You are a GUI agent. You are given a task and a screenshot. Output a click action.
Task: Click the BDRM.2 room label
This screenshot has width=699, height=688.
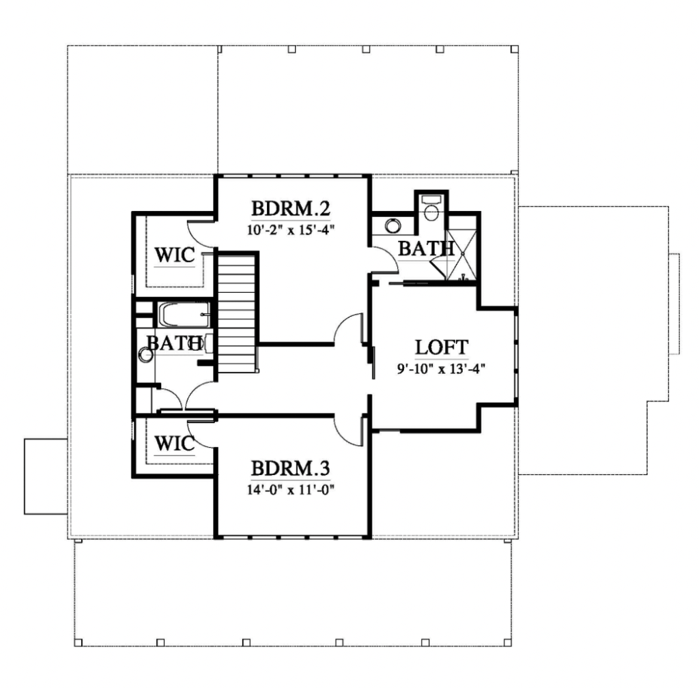coord(291,208)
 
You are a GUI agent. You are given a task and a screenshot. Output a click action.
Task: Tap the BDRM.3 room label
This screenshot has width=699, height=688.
coord(291,468)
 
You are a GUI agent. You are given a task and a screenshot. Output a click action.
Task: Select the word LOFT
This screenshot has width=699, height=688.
coord(442,347)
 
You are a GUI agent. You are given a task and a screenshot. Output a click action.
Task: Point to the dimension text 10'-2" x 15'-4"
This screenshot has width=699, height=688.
coord(291,231)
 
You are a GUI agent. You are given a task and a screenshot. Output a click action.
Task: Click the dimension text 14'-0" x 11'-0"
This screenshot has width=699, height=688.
coord(291,490)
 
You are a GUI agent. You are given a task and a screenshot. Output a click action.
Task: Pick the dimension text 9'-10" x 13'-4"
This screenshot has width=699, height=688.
coord(442,369)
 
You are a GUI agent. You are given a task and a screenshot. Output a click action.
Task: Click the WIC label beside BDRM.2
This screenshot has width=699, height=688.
coord(175,255)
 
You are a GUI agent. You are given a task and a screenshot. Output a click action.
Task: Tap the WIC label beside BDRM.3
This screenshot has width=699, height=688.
coord(175,444)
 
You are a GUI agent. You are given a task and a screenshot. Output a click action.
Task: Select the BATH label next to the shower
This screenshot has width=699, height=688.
coord(426,248)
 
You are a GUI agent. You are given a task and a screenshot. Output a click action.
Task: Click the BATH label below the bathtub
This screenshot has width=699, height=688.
coord(174,343)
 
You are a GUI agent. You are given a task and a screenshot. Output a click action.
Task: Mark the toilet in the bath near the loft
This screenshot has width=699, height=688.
coord(431,208)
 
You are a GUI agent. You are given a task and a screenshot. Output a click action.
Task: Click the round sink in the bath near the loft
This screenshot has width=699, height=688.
coord(393,226)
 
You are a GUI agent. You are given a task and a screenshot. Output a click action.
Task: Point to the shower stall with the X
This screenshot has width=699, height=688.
coord(462,255)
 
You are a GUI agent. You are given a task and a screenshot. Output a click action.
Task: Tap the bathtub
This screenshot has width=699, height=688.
coord(183,315)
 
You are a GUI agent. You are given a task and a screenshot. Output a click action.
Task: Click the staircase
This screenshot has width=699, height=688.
coord(237,313)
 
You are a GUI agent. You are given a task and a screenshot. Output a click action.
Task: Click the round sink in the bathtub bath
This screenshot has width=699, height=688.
coord(146,355)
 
